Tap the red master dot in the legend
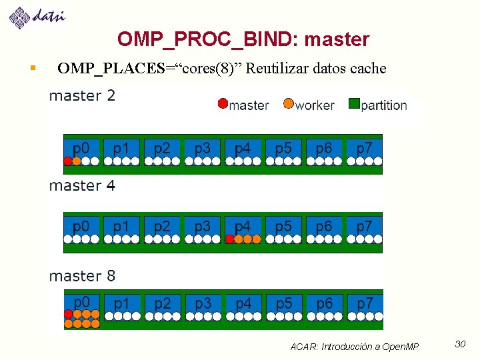coord(223,103)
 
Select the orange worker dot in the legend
coord(288,103)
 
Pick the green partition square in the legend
coord(354,103)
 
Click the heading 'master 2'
coord(82,95)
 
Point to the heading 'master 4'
coord(82,185)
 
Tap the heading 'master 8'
coord(82,275)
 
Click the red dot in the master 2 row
coord(67,161)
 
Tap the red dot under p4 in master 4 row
coord(229,239)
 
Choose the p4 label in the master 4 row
coord(243,225)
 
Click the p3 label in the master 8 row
coord(202,303)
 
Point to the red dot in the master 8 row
coord(67,314)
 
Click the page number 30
coord(460,344)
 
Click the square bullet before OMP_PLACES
coord(32,67)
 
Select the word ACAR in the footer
coord(304,347)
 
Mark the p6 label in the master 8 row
coord(324,303)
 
